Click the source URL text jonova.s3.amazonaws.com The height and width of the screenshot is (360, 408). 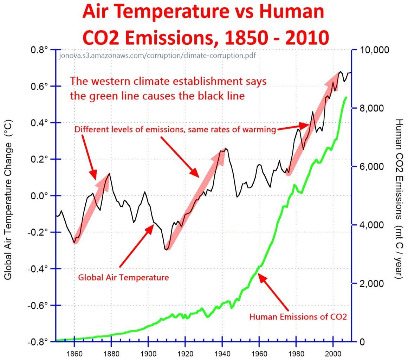click(157, 56)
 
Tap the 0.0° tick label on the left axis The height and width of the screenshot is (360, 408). click(40, 196)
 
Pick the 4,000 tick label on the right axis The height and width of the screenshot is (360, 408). click(371, 225)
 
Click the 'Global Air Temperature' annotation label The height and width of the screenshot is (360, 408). click(123, 277)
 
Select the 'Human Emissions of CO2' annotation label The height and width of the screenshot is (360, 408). click(298, 317)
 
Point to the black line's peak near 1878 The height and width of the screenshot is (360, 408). click(110, 173)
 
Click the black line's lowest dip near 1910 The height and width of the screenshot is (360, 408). click(166, 250)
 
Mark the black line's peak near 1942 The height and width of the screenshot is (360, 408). click(226, 149)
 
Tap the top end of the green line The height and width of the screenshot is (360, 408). click(346, 97)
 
